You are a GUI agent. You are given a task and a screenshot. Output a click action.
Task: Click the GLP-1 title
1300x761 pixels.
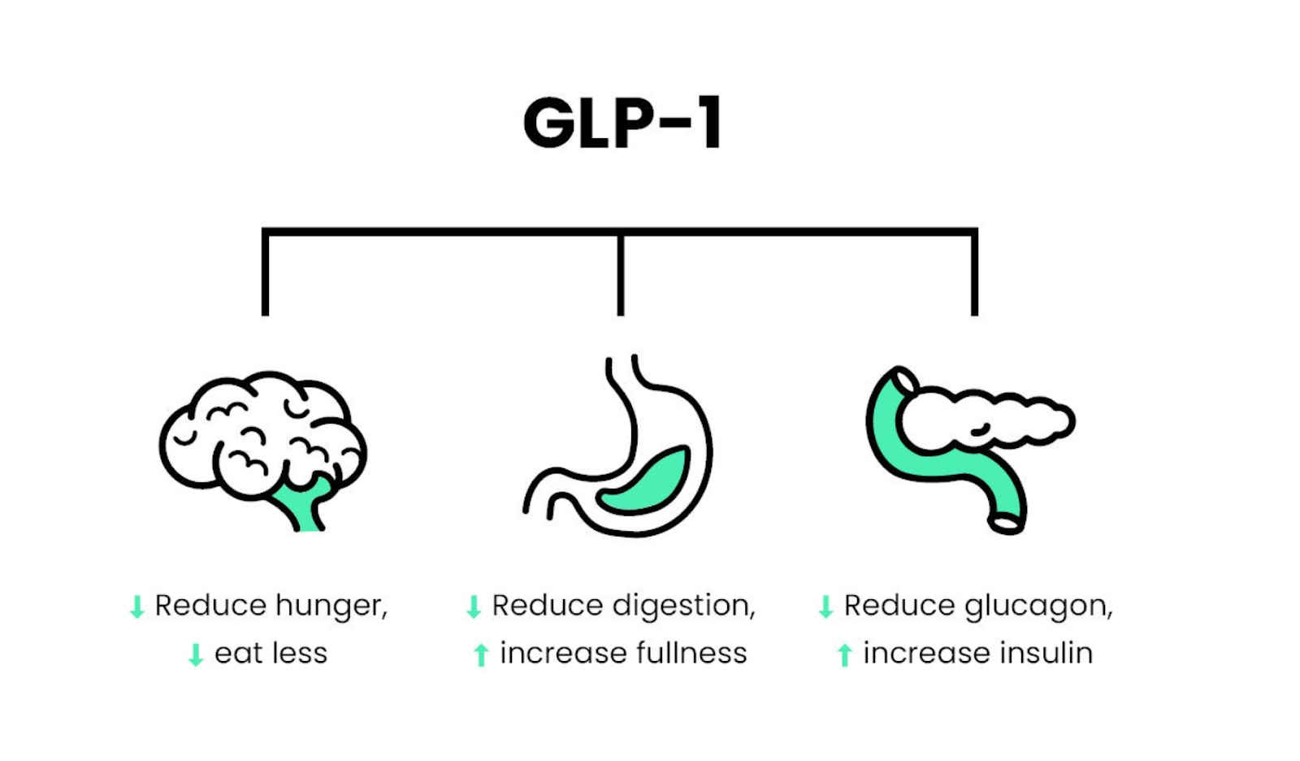click(x=622, y=124)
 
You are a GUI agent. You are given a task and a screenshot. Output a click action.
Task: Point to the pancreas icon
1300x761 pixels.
click(x=967, y=447)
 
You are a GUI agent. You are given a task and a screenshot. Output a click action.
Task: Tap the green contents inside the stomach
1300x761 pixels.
click(x=646, y=484)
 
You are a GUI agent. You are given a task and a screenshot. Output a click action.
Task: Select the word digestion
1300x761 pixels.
click(x=683, y=607)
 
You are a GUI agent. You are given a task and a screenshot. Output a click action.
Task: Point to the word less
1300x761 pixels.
click(x=301, y=653)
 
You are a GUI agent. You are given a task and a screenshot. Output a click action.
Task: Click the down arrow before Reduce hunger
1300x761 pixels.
click(x=137, y=607)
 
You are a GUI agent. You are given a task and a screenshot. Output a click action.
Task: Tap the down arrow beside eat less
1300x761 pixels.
click(x=196, y=654)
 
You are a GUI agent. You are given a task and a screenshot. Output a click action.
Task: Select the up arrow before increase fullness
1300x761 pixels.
click(x=481, y=654)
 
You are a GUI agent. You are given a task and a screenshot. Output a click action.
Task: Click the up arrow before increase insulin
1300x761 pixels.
click(x=844, y=654)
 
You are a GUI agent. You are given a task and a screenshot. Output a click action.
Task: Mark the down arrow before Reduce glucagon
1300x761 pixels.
click(x=825, y=607)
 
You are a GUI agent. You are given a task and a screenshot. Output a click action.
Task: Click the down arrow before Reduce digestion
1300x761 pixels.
click(x=474, y=607)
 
